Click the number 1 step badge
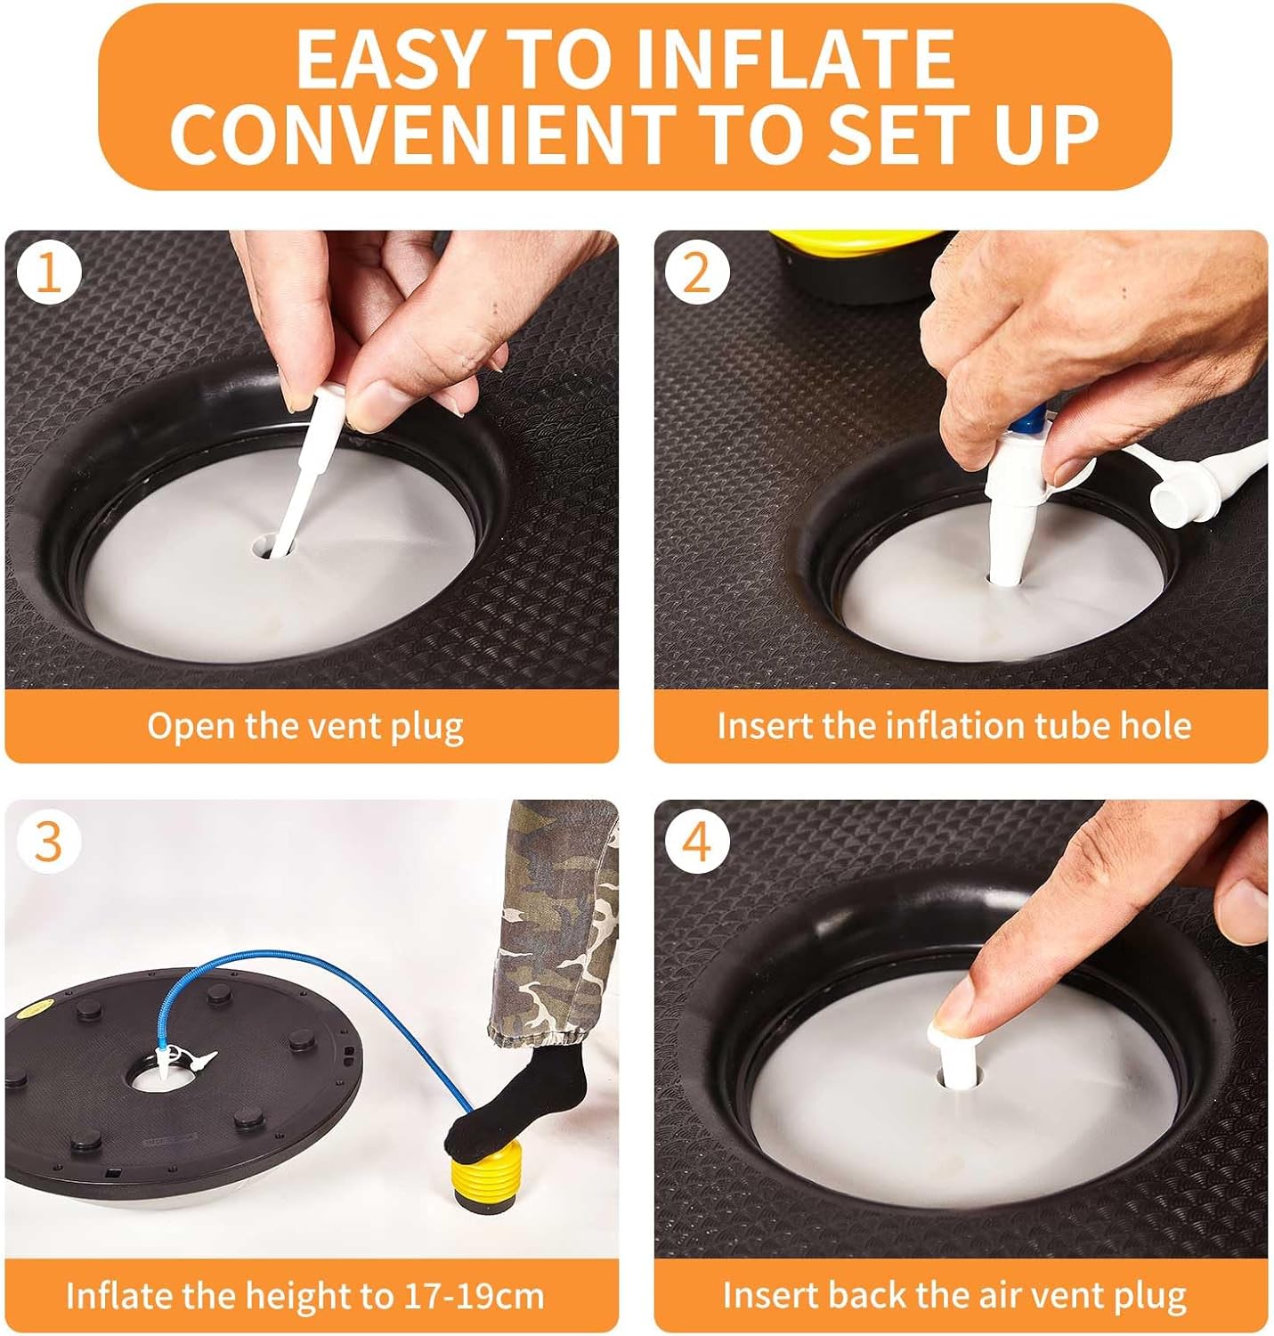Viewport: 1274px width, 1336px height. (x=49, y=274)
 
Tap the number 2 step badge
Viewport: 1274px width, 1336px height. (x=697, y=273)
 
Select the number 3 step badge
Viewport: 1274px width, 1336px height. (x=49, y=843)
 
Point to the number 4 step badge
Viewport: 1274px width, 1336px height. (x=697, y=843)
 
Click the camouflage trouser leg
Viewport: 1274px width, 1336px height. (x=554, y=925)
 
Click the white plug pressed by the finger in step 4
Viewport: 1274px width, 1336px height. (x=954, y=1056)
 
